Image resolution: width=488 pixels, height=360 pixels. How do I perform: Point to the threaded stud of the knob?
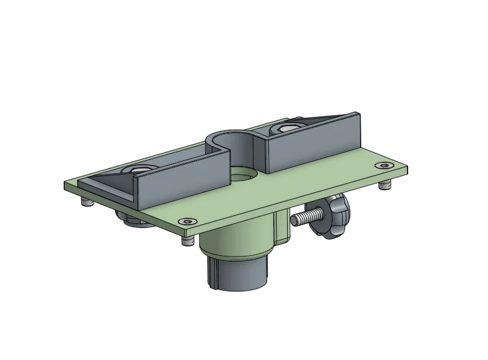306,218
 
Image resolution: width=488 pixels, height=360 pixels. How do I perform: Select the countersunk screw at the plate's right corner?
383,165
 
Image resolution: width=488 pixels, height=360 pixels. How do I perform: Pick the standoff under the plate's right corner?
387,185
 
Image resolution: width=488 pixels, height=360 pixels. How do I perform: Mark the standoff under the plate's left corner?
85,203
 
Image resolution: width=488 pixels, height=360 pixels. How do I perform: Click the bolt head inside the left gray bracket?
138,169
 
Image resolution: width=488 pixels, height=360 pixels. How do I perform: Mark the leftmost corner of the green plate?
66,186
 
